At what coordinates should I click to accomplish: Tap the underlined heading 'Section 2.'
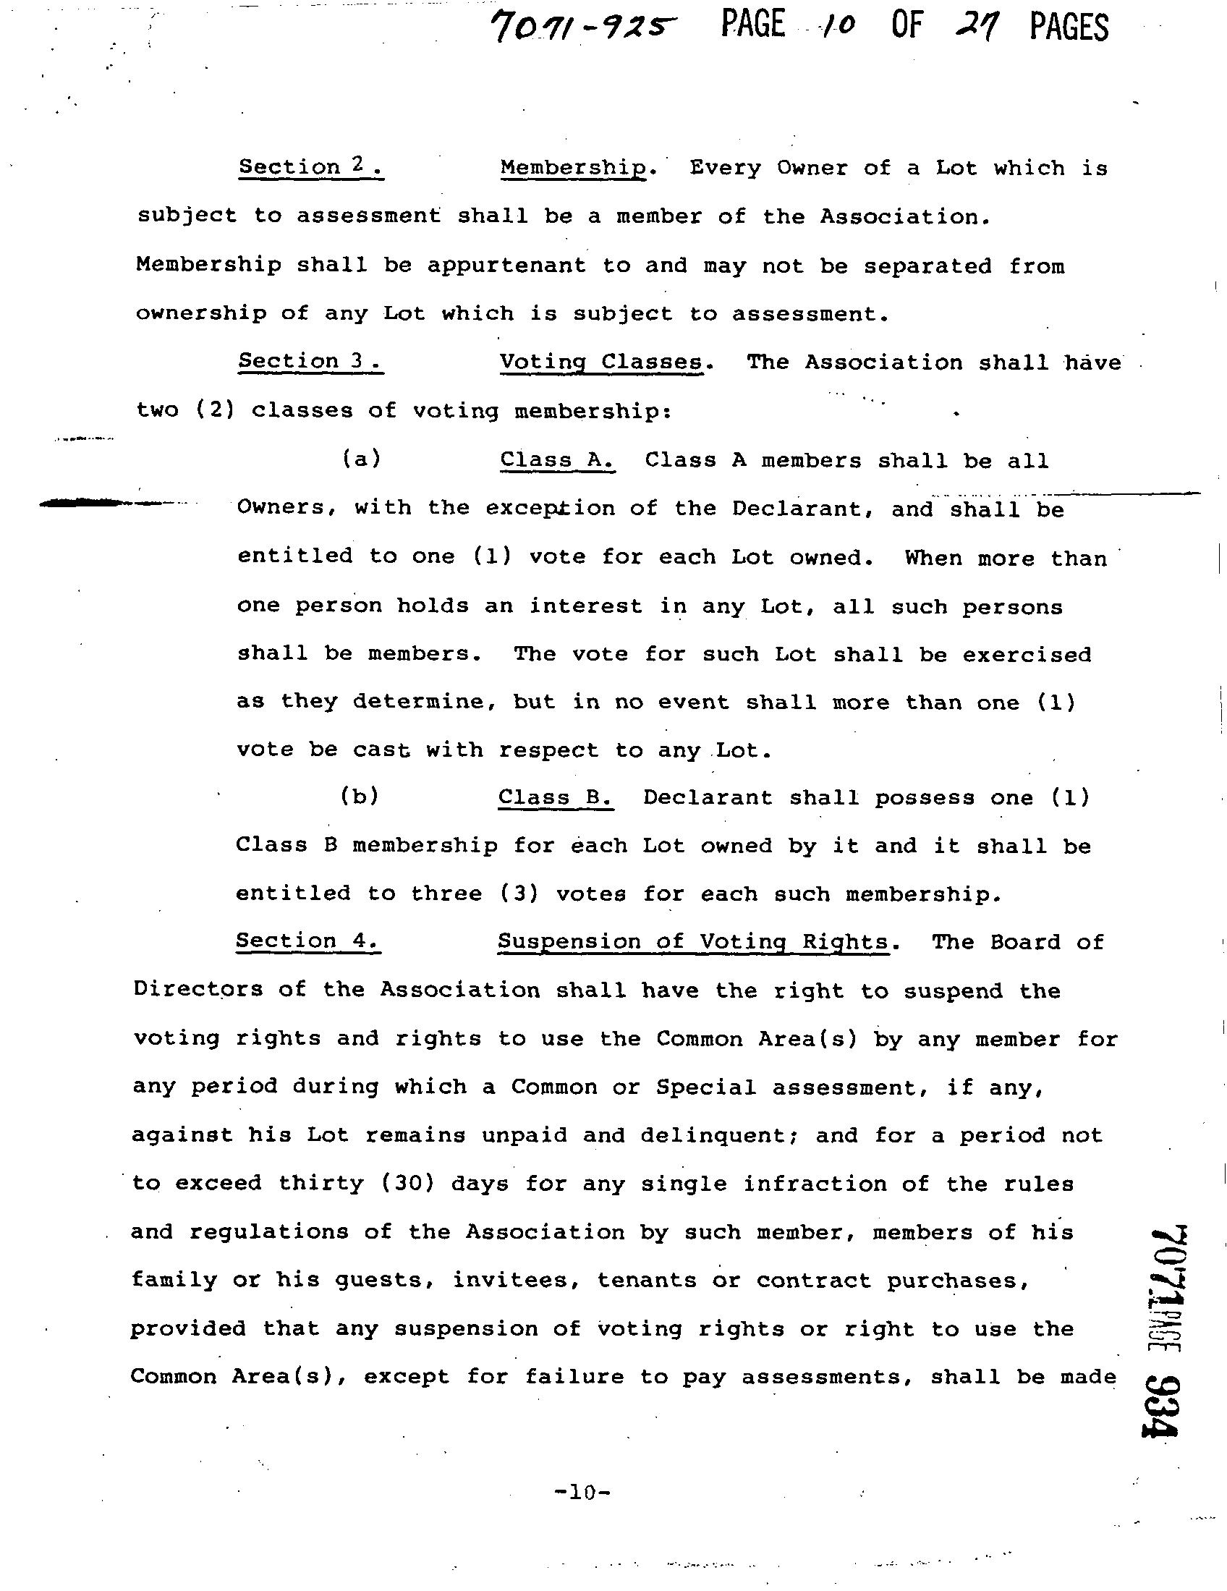click(x=311, y=167)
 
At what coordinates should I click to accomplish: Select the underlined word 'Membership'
click(x=574, y=169)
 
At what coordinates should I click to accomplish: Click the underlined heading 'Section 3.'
click(x=310, y=360)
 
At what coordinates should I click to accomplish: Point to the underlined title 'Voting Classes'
click(x=601, y=362)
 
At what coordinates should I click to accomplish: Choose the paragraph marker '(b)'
click(x=360, y=797)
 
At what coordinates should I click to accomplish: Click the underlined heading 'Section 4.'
click(x=307, y=941)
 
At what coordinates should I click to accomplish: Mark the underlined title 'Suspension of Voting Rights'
click(x=693, y=942)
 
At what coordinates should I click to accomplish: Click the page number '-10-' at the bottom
click(x=582, y=1493)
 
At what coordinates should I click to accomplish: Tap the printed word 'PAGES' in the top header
click(x=1069, y=27)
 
